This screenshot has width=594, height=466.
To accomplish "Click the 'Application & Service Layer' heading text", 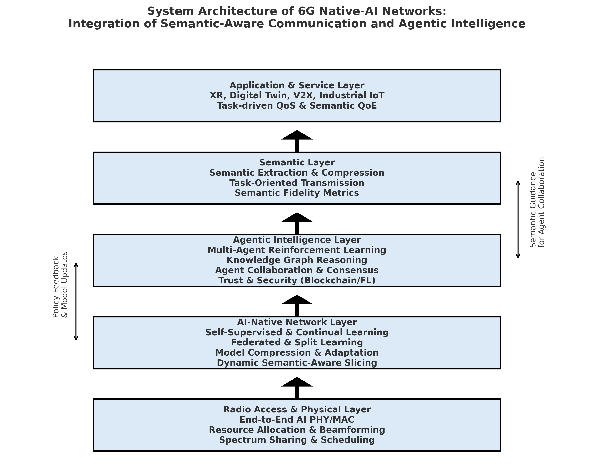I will [x=297, y=85].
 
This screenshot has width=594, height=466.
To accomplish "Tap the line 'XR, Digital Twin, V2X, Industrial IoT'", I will [x=297, y=95].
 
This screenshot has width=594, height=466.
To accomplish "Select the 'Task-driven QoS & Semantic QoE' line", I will [x=297, y=106].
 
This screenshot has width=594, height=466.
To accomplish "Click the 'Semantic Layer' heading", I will [x=297, y=163].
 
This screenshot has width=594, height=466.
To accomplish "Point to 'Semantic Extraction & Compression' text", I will [x=297, y=173].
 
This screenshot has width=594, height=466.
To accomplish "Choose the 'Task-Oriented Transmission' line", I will [x=297, y=183].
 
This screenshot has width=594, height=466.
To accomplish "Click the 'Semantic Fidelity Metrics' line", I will [x=297, y=193].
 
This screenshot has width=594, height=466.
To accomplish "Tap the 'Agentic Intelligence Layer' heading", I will [x=297, y=240].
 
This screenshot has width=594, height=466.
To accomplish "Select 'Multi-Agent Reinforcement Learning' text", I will [x=297, y=250].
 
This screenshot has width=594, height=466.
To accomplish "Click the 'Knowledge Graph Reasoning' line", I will [x=297, y=260].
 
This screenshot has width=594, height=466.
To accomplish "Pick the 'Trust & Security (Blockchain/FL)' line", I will [x=297, y=281].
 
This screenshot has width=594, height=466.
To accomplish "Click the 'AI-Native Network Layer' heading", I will [x=297, y=322].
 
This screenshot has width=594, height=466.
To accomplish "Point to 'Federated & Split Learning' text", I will [x=297, y=342].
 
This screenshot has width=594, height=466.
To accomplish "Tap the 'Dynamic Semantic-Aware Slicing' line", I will [x=297, y=363].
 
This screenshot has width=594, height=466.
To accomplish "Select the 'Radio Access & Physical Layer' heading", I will [x=297, y=410].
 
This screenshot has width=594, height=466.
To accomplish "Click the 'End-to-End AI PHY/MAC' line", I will [x=297, y=420].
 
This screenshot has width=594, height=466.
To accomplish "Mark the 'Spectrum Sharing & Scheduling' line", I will [x=297, y=440].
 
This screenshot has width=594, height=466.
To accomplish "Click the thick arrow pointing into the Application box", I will [x=297, y=140].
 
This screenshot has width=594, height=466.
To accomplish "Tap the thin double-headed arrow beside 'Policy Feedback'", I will [x=76, y=302].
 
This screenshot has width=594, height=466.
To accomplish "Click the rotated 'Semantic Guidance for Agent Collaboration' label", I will [x=537, y=202].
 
